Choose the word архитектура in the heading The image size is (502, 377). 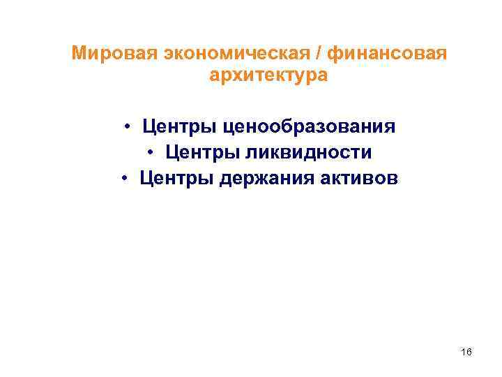click(267, 75)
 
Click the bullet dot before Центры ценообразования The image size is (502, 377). click(130, 127)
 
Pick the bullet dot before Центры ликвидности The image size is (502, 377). click(151, 153)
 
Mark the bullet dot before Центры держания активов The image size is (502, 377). click(123, 178)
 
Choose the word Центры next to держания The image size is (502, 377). click(171, 178)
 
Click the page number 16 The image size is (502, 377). click(466, 353)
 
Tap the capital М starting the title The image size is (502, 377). click(80, 54)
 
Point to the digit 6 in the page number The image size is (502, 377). click(469, 353)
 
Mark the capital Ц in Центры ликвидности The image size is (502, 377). click(171, 153)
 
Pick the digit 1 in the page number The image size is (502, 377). click(464, 353)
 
